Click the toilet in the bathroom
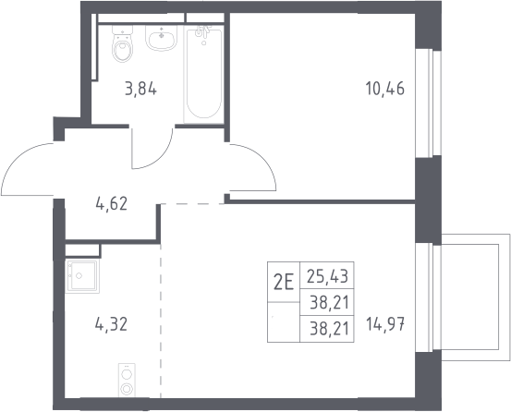(122, 44)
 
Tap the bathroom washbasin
(161, 38)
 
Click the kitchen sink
(82, 275)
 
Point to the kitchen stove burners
(127, 381)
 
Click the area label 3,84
(140, 89)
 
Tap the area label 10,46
(385, 89)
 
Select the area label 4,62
(112, 204)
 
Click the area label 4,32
(111, 324)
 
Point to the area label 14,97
(385, 324)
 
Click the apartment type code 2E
(284, 282)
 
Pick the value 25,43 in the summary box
(327, 276)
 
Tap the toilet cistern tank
(123, 30)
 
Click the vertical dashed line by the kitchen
(161, 321)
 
